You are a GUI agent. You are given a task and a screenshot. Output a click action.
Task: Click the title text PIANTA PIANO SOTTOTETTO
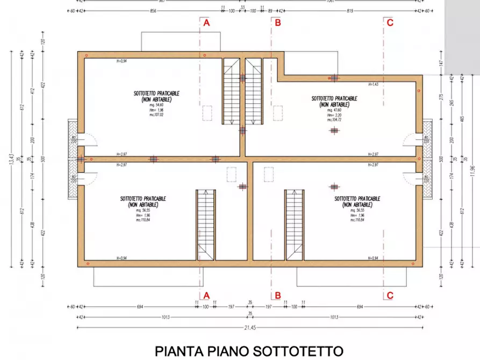click(x=249, y=351)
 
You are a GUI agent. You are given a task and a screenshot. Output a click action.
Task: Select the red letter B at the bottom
click(x=277, y=295)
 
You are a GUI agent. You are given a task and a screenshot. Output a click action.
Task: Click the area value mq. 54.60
click(x=156, y=106)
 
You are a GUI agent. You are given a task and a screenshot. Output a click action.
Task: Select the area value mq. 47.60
click(x=334, y=110)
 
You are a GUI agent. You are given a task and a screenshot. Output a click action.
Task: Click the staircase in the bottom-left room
click(x=205, y=224)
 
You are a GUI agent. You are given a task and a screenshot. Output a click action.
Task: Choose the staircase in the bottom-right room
click(x=293, y=224)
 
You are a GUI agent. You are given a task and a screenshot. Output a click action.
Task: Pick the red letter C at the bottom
click(x=390, y=295)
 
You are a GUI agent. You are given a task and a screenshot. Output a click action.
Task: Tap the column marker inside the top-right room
click(x=334, y=130)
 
